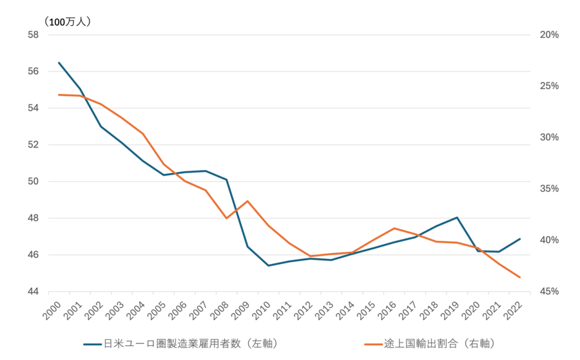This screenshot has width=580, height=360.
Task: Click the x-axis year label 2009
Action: coord(241,309)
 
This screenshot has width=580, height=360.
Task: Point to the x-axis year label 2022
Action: coord(513,309)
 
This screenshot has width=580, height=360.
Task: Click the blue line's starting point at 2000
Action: coord(59,62)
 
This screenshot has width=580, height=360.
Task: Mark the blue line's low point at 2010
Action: coord(268,265)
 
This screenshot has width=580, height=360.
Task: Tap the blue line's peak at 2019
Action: coord(457,218)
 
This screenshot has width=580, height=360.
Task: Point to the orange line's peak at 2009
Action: coord(247,201)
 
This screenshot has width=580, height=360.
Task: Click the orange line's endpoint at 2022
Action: coord(519,278)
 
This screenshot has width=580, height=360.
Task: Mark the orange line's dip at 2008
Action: coord(226,218)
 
